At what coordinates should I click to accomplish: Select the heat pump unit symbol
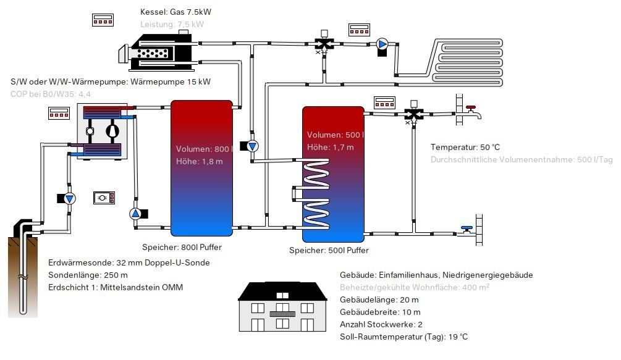(x=101, y=132)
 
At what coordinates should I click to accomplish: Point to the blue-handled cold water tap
(x=467, y=230)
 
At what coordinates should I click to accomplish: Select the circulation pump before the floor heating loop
(x=382, y=44)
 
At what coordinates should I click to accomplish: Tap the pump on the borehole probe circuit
(x=69, y=198)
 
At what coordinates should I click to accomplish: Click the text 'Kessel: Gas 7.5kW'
(x=180, y=12)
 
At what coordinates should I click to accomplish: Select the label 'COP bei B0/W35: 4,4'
(x=51, y=94)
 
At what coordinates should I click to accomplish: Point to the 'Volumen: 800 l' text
(x=203, y=149)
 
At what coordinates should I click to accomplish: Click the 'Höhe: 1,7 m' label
(x=330, y=147)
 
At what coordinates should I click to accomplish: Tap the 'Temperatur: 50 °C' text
(x=465, y=147)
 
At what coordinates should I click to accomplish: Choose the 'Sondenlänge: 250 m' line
(x=88, y=275)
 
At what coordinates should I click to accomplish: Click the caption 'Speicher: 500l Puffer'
(x=329, y=251)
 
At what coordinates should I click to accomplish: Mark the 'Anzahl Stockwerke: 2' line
(x=381, y=324)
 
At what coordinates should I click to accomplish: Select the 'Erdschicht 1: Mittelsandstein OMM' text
(x=116, y=287)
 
